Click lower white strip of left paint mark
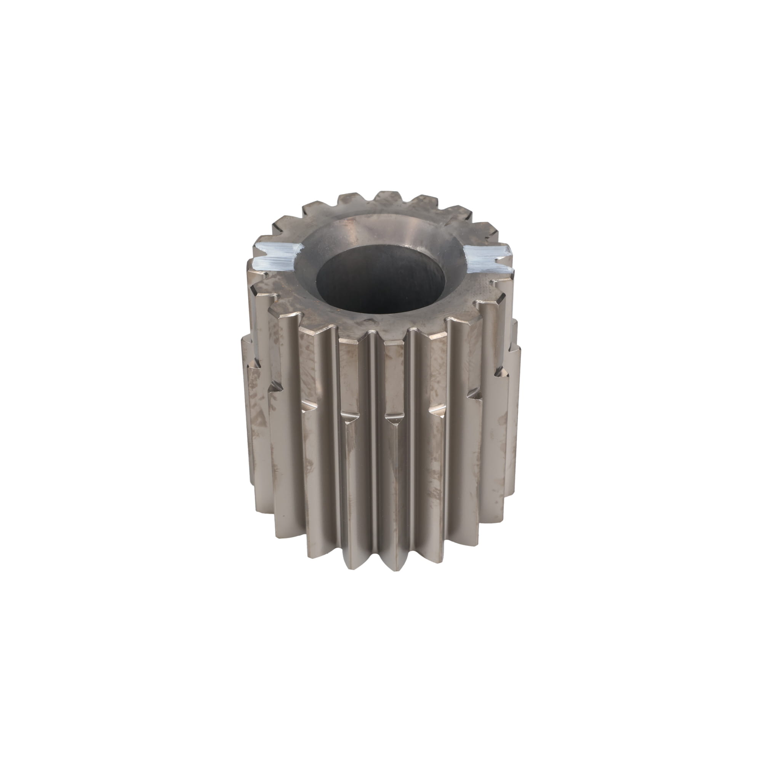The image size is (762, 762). [x=272, y=264]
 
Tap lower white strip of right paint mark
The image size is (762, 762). [x=489, y=266]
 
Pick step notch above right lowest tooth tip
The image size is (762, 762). [x=394, y=420]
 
